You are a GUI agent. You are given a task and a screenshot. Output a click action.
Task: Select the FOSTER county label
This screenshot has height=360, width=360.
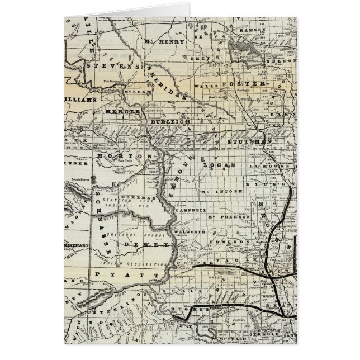pyautogui.click(x=243, y=84)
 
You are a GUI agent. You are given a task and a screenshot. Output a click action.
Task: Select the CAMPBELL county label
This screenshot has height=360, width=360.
pyautogui.click(x=186, y=210)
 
